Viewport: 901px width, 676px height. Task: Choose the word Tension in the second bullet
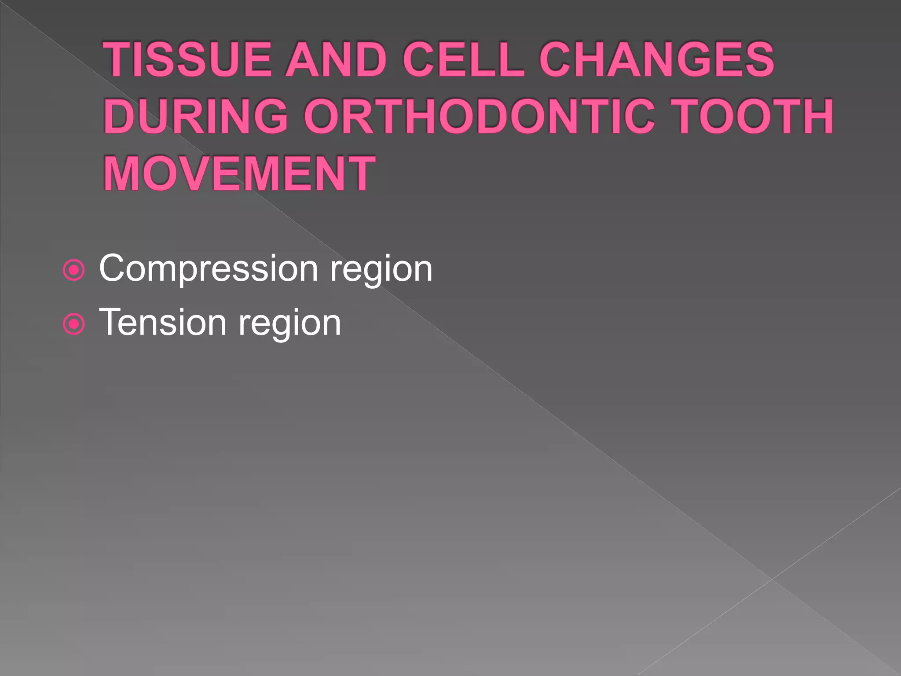tap(163, 323)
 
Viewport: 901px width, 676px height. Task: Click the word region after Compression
tap(381, 269)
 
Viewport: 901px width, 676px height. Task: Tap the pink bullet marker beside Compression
tap(74, 270)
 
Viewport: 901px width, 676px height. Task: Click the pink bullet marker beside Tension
tap(74, 324)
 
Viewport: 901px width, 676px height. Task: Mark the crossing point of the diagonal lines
tap(772, 579)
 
